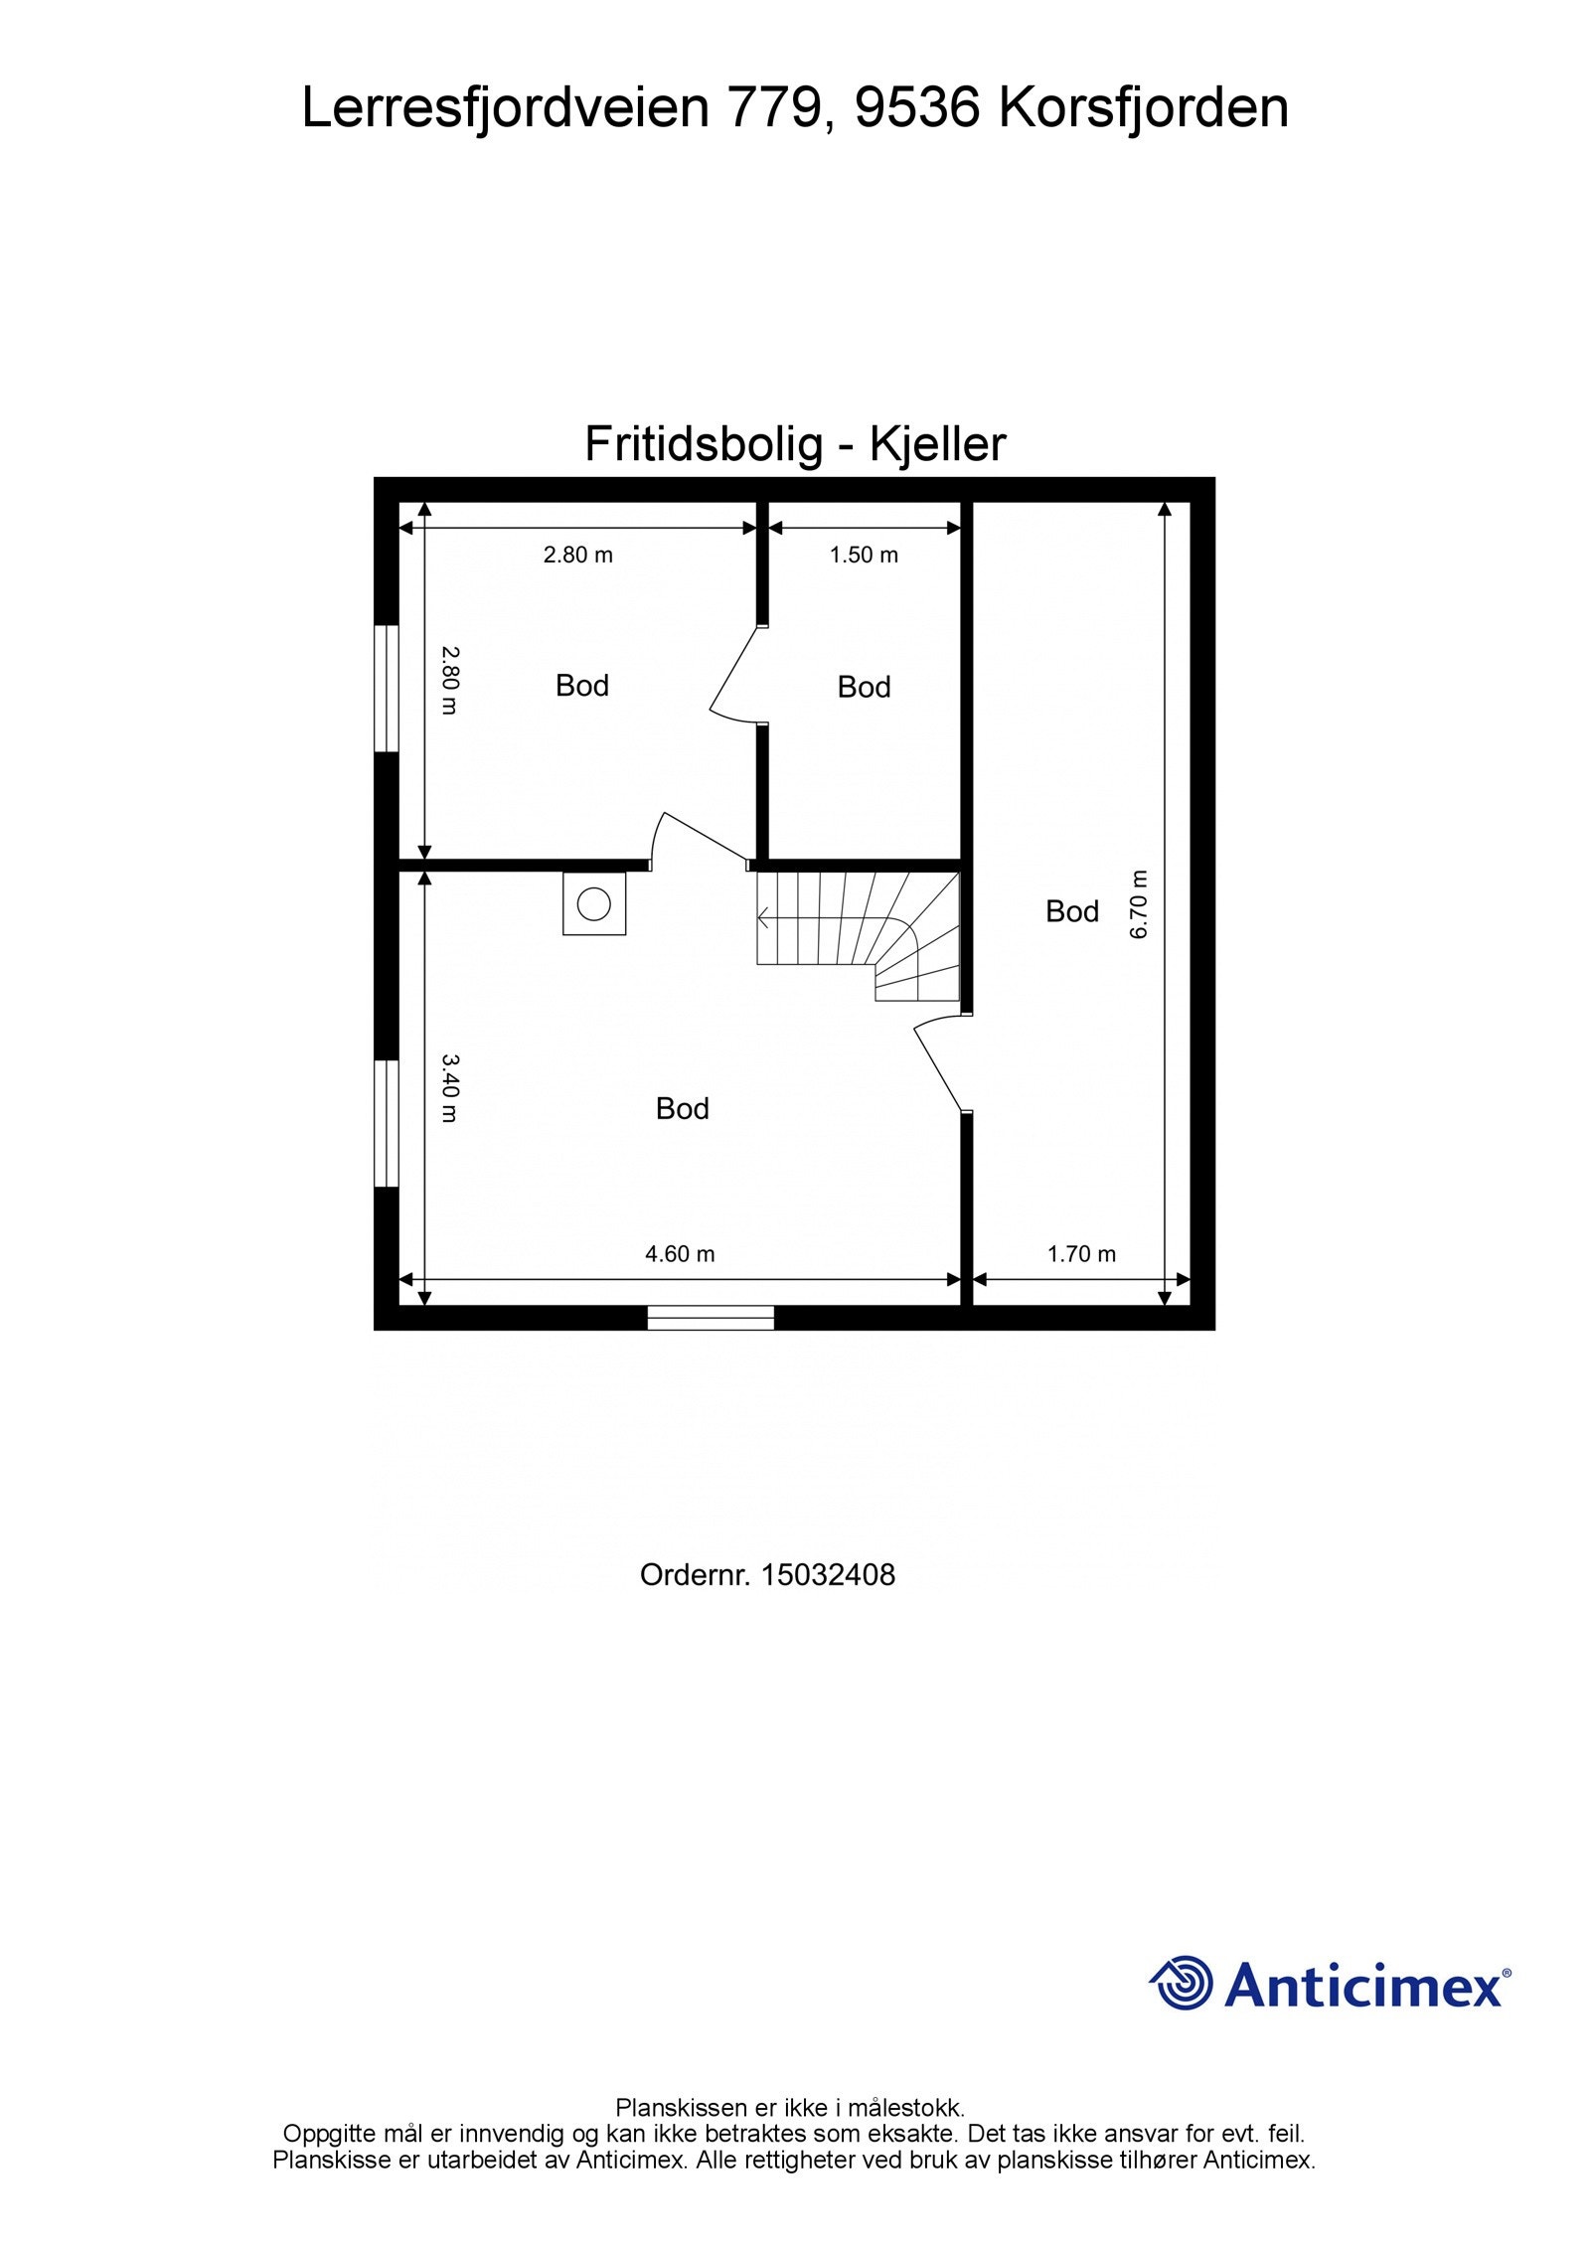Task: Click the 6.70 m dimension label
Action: [x=1139, y=903]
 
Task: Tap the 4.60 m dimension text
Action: [x=680, y=1253]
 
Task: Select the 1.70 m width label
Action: [x=1081, y=1253]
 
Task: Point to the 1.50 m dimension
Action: [x=864, y=555]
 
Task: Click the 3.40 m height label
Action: [x=449, y=1087]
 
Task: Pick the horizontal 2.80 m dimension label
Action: [x=577, y=555]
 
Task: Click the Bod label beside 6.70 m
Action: [x=1071, y=910]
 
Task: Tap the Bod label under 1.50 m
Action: [x=864, y=687]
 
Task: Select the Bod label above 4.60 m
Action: [x=682, y=1108]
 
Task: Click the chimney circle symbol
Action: [x=594, y=904]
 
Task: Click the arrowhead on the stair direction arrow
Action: [x=762, y=919]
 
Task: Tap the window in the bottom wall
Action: [x=711, y=1318]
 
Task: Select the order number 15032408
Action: [x=828, y=1574]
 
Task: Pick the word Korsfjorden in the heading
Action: [x=1143, y=107]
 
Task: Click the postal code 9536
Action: [x=916, y=107]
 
